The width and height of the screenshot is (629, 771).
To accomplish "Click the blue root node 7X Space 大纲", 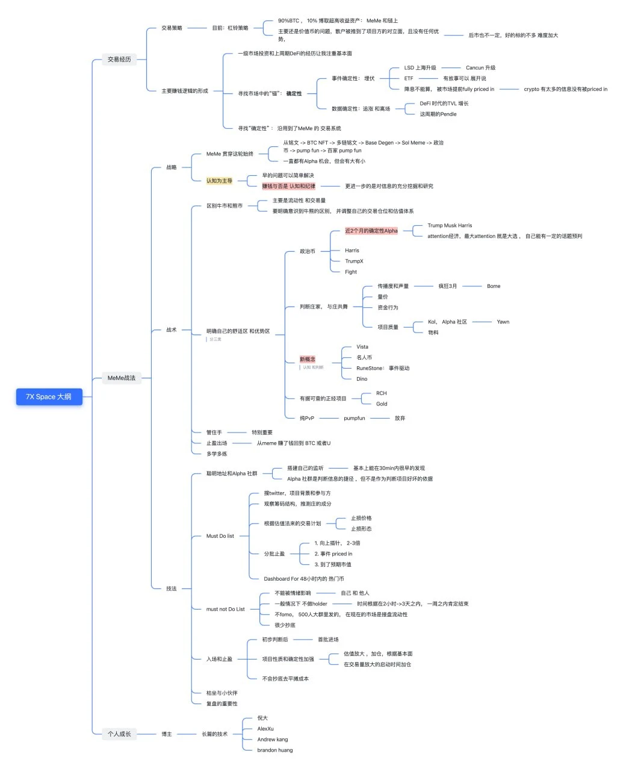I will click(x=49, y=396).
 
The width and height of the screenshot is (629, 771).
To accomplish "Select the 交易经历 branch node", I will click(x=119, y=59).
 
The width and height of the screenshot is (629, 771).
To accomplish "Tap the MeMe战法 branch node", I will click(x=121, y=378).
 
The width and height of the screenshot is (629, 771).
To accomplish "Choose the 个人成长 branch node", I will click(x=119, y=734).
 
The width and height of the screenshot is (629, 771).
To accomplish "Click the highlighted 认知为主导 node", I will click(x=219, y=181).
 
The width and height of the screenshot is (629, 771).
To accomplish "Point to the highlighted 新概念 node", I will click(x=307, y=359).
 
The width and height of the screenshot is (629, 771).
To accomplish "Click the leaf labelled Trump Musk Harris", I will click(x=450, y=225).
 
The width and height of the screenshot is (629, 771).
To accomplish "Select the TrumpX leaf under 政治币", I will click(x=354, y=261).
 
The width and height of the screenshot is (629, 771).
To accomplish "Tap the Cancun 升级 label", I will click(x=480, y=67).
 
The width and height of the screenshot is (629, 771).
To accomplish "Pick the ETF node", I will click(x=409, y=78).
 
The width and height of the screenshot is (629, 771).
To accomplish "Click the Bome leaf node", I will click(x=494, y=286).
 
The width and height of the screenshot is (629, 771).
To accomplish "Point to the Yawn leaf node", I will click(x=503, y=322).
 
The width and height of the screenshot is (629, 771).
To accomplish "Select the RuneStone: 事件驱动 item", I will click(x=382, y=368).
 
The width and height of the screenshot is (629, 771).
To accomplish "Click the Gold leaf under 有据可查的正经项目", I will click(x=382, y=404).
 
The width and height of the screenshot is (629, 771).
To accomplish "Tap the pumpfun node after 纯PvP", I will click(x=354, y=418).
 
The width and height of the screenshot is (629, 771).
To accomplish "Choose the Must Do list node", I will click(x=220, y=535).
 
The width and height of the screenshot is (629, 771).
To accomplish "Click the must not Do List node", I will click(x=225, y=609).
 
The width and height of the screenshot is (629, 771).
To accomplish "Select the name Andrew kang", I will click(x=272, y=739).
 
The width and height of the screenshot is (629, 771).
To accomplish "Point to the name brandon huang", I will click(x=274, y=750).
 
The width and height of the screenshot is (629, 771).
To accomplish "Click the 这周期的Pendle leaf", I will click(x=438, y=114).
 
